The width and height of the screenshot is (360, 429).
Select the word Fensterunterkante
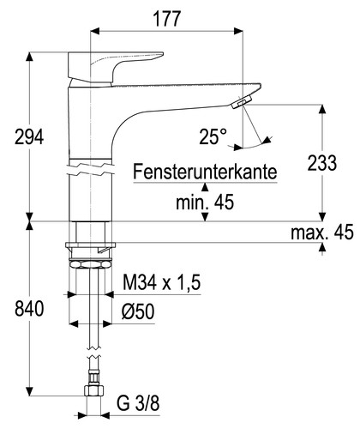point(205,172)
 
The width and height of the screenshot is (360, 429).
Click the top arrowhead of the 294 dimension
point(31,57)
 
